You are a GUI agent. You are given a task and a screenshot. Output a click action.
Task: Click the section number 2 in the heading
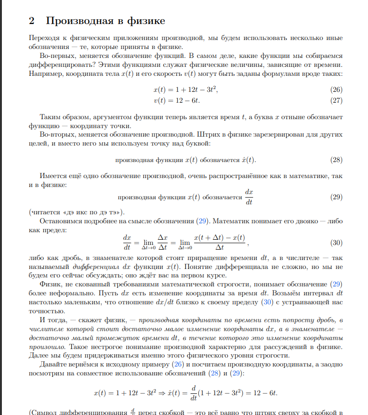coord(32,21)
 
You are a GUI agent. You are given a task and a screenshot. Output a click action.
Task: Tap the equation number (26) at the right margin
coord(335,90)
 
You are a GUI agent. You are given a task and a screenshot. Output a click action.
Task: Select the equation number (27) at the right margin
coord(335,100)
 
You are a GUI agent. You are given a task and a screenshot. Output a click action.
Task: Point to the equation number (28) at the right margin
coord(335,159)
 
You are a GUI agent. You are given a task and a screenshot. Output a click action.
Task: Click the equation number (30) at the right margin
coord(335,243)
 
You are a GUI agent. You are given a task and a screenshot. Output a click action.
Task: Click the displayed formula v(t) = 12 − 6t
coord(180,100)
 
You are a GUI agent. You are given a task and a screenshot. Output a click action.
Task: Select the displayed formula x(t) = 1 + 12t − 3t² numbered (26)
coord(186,90)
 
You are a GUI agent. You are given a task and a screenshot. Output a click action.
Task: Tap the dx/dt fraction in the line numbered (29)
coord(250,197)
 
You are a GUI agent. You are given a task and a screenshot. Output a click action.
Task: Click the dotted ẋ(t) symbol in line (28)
coord(248,159)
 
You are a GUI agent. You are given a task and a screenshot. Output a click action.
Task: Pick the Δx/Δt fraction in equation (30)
coord(163,243)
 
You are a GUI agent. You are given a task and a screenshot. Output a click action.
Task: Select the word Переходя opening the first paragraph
coord(45,38)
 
